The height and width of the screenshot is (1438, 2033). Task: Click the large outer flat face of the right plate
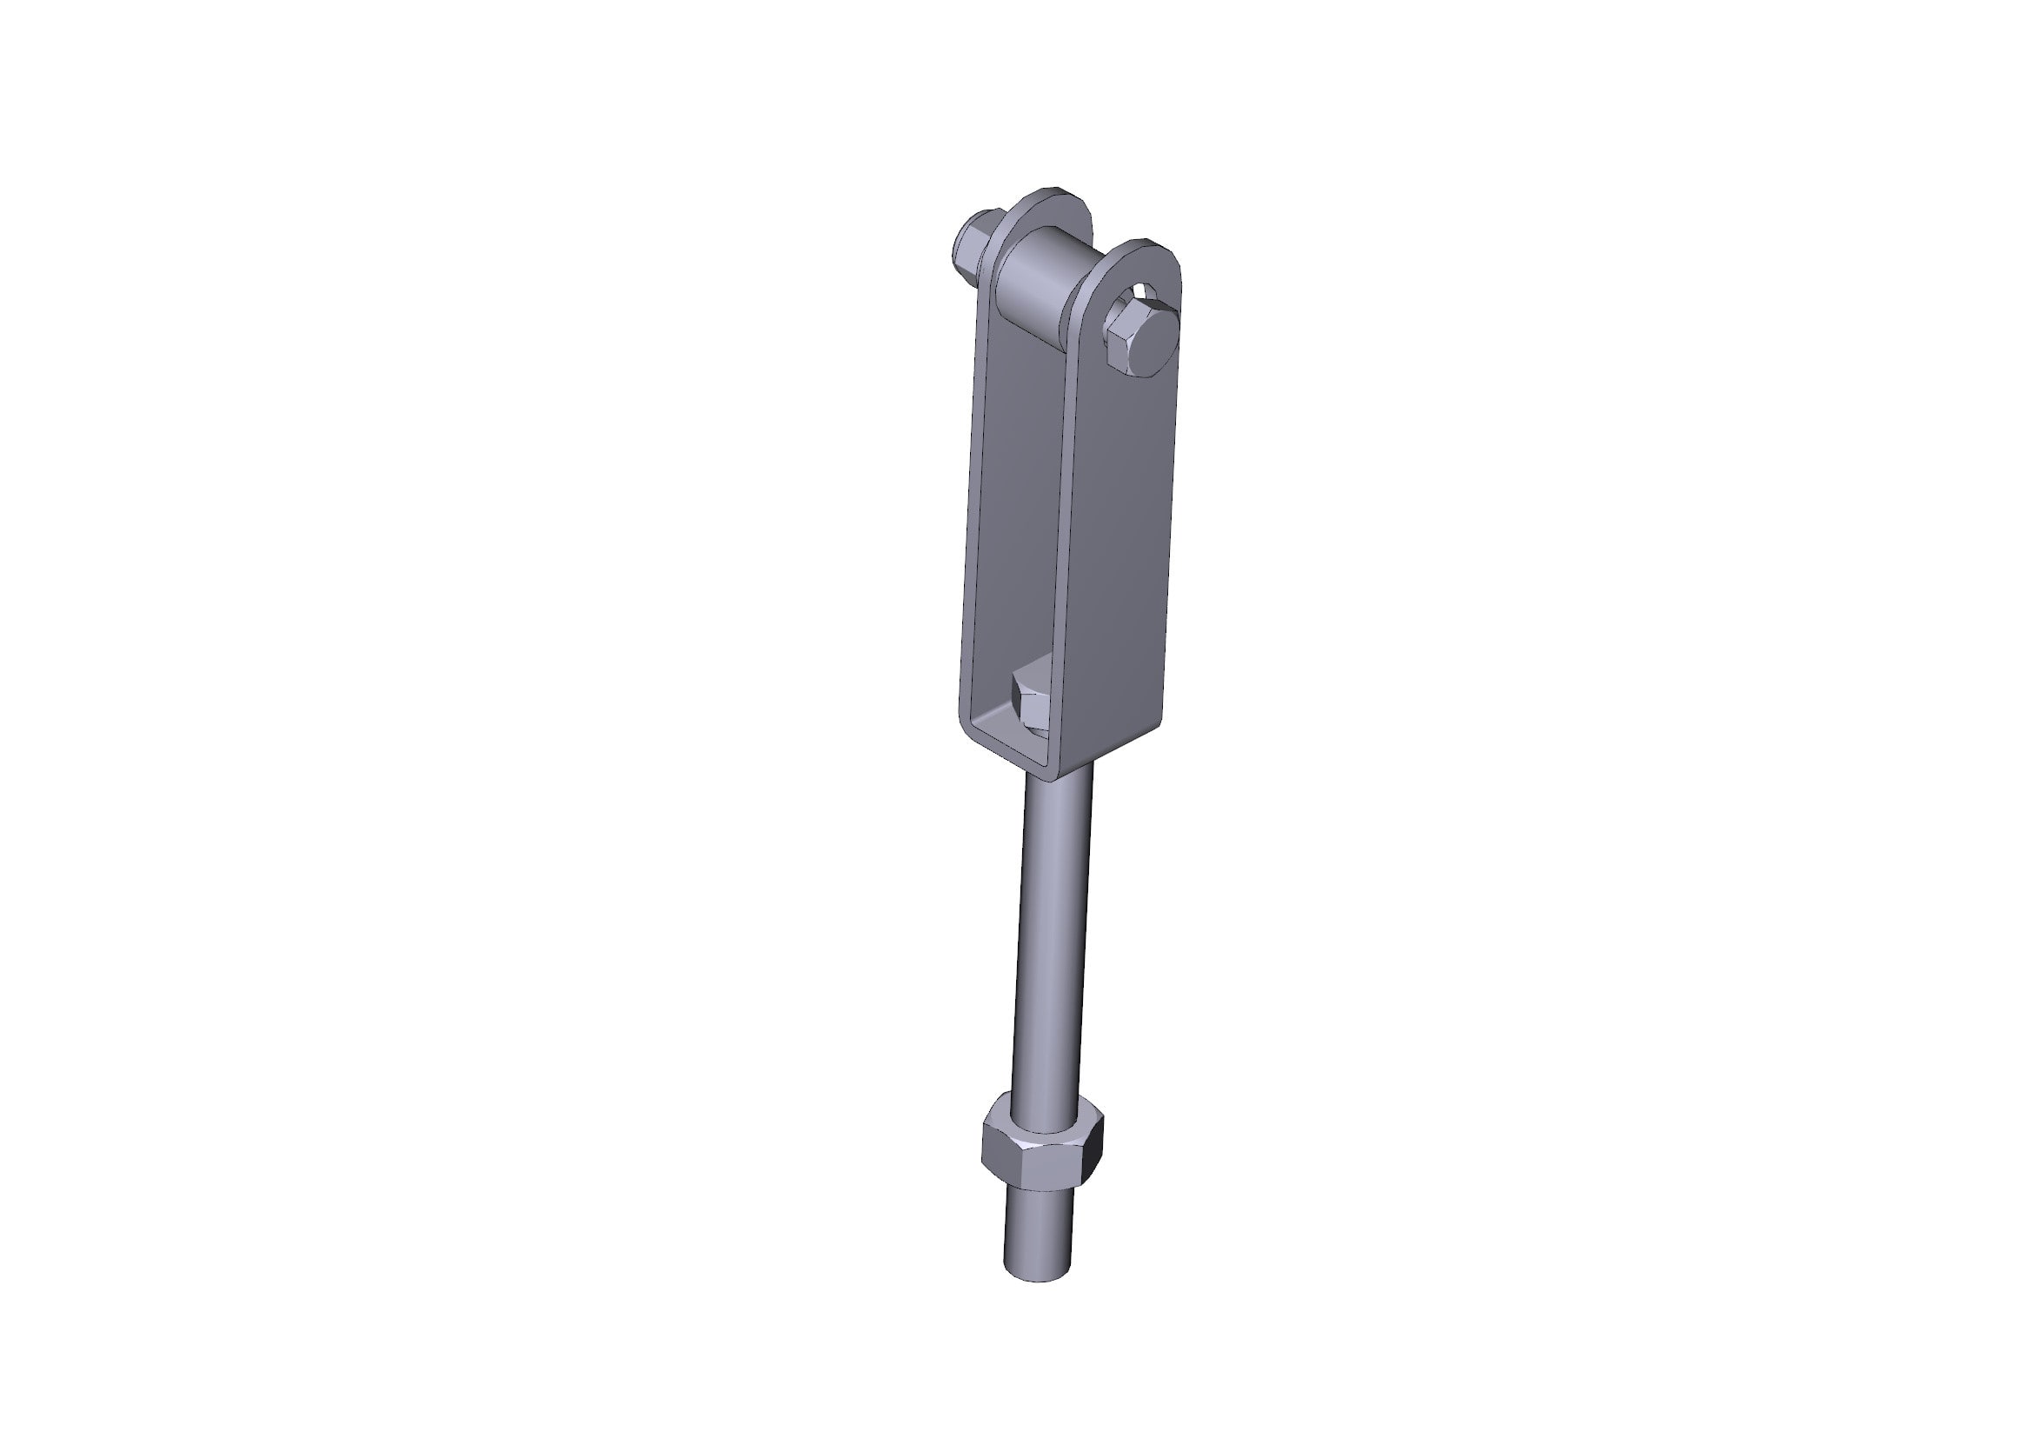point(1120,549)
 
